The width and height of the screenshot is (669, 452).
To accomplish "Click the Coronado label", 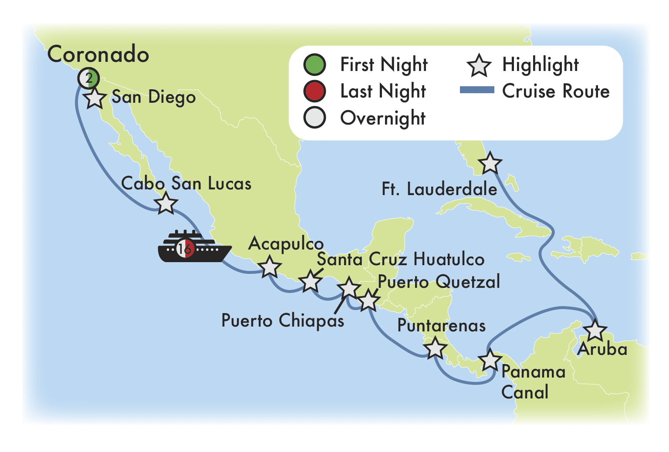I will click(x=98, y=54).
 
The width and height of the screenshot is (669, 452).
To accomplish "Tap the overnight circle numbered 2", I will click(x=89, y=79).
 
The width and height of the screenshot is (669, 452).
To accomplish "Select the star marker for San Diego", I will click(x=95, y=99).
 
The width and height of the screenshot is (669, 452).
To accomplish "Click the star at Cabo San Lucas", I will click(x=166, y=203).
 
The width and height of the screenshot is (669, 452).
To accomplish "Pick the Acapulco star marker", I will click(x=269, y=267).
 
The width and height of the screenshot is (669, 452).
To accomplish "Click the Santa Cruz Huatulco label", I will click(x=400, y=260).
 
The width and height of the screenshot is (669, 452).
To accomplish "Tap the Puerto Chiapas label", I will click(x=283, y=321).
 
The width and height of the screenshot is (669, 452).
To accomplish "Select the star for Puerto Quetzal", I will click(x=368, y=300).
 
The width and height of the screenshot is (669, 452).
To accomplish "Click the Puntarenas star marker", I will click(x=435, y=348).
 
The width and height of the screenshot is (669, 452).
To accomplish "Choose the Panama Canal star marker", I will click(x=490, y=360).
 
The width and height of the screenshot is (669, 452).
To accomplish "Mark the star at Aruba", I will click(x=595, y=331).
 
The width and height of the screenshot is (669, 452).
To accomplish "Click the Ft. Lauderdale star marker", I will click(x=490, y=164).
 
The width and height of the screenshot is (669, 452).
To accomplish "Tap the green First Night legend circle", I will click(x=314, y=64).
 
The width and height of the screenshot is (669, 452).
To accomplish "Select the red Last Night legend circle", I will click(x=314, y=91).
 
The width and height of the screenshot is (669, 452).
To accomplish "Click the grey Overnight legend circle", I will click(x=314, y=118).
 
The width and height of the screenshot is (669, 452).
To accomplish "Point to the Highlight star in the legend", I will click(x=479, y=65).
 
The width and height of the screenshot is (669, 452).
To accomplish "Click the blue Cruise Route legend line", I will click(x=477, y=90).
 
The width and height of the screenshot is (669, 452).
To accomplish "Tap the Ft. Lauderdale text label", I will click(x=439, y=189).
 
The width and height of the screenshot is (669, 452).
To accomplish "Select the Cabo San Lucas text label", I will click(x=186, y=184).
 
